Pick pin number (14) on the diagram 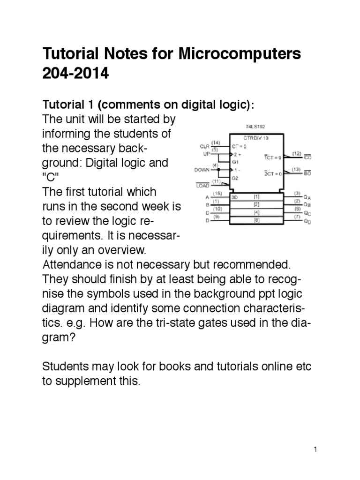pyautogui.click(x=216, y=142)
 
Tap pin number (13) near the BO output pyautogui.click(x=296, y=169)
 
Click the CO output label pyautogui.click(x=308, y=157)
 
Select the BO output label pyautogui.click(x=308, y=173)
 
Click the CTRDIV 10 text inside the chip pyautogui.click(x=256, y=138)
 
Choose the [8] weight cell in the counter pyautogui.click(x=256, y=220)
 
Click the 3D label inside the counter pyautogui.click(x=234, y=197)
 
